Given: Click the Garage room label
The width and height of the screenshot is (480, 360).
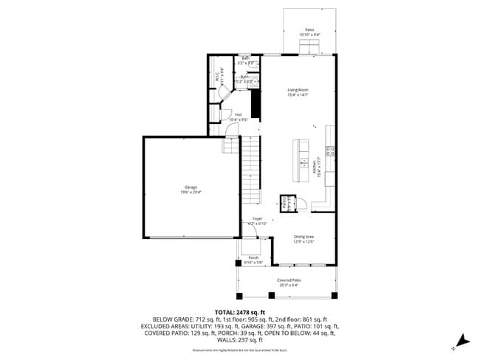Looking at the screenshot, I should (191, 190).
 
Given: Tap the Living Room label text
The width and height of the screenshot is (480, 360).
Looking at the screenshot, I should (298, 92).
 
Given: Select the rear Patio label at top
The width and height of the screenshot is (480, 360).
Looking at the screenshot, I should (309, 32).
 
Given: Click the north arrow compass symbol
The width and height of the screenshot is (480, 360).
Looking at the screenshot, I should (461, 341).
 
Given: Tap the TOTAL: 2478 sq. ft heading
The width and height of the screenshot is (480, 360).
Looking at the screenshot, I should (239, 312).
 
